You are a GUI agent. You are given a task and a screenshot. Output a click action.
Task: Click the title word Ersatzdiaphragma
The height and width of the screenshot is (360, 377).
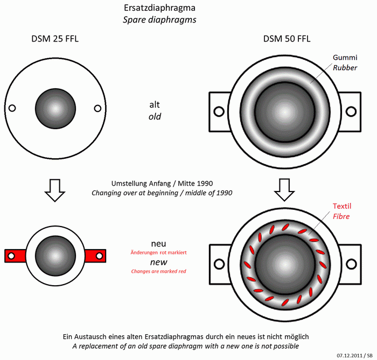pos(159,8)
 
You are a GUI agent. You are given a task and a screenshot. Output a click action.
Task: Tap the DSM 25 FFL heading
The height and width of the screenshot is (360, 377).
pos(55,39)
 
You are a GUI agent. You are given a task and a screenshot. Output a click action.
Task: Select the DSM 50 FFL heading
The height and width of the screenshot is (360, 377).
pos(287,39)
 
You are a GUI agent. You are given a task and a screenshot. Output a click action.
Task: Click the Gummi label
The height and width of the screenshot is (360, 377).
pos(345,58)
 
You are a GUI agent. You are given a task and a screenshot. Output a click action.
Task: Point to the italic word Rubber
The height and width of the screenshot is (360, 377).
pos(345,68)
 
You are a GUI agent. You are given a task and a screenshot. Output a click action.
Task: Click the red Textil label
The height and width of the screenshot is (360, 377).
pos(342,206)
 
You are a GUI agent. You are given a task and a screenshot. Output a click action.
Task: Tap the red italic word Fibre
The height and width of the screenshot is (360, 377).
pos(341,216)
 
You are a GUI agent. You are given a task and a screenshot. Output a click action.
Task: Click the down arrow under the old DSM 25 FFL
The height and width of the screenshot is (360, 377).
pos(55,190)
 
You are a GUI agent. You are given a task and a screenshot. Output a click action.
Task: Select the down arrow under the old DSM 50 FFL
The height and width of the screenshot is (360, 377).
pos(284,190)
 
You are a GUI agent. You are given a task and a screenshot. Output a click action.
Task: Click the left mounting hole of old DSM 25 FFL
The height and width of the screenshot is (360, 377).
pos(12,108)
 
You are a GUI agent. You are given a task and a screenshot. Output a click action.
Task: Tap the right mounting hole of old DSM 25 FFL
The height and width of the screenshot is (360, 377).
pos(97,108)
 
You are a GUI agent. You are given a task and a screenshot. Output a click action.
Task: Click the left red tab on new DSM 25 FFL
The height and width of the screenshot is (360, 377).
pos(16,256)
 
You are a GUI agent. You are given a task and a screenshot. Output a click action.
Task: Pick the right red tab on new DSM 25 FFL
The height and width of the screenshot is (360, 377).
pos(95,256)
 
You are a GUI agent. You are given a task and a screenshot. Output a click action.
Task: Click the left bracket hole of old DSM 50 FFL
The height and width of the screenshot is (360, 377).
pos(219,111)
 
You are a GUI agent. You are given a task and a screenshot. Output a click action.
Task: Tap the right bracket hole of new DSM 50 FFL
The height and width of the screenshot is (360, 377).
pos(351,264)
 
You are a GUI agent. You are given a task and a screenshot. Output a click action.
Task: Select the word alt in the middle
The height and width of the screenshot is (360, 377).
pos(155,105)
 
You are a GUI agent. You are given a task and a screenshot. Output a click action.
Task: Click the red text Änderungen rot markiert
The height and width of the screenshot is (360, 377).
pos(159,252)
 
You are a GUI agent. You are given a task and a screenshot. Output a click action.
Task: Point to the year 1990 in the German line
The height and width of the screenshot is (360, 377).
pos(205,183)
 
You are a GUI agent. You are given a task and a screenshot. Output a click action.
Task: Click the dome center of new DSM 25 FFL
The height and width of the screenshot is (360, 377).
pos(55,256)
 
